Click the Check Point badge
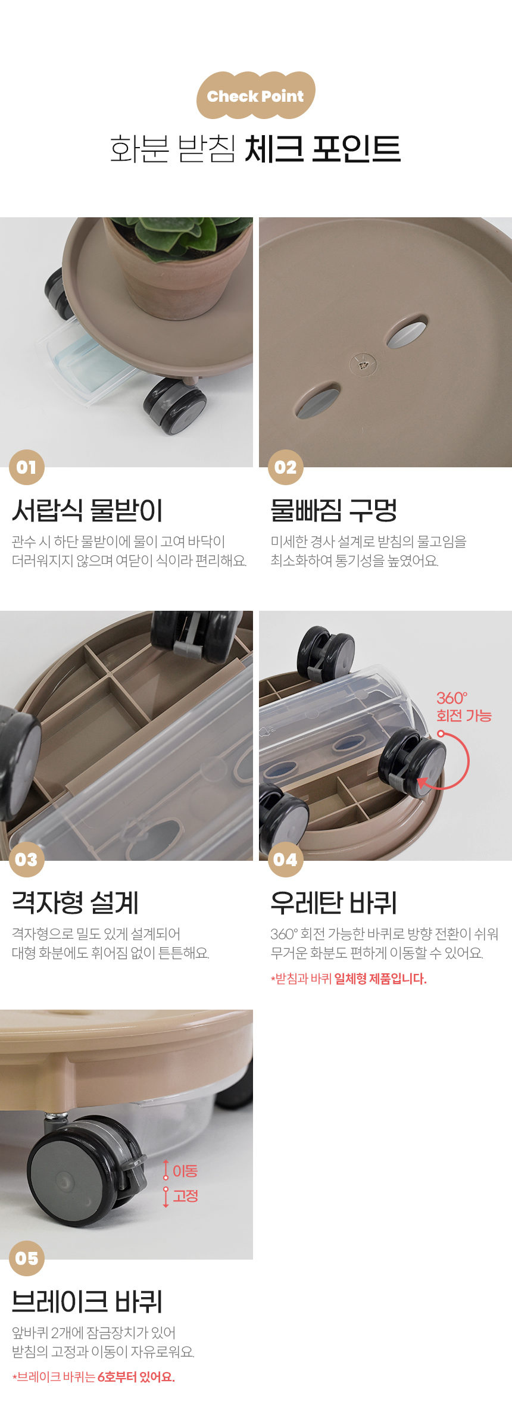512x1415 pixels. [256, 95]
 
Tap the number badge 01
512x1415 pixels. [27, 467]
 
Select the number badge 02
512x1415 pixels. [286, 467]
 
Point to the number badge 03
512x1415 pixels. [27, 860]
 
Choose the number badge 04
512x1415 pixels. [286, 860]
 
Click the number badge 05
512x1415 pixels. [27, 1258]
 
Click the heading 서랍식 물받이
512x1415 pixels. [88, 510]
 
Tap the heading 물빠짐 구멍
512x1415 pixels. [333, 510]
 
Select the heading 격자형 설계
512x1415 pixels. [75, 902]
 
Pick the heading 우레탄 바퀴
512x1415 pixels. [333, 902]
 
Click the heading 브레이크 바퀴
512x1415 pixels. [87, 1301]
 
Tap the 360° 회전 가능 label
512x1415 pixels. [464, 707]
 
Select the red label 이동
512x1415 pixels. [185, 1171]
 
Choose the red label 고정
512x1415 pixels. [185, 1196]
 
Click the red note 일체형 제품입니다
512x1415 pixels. [380, 979]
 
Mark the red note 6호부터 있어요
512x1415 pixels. [136, 1377]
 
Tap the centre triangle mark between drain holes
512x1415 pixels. [363, 363]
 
